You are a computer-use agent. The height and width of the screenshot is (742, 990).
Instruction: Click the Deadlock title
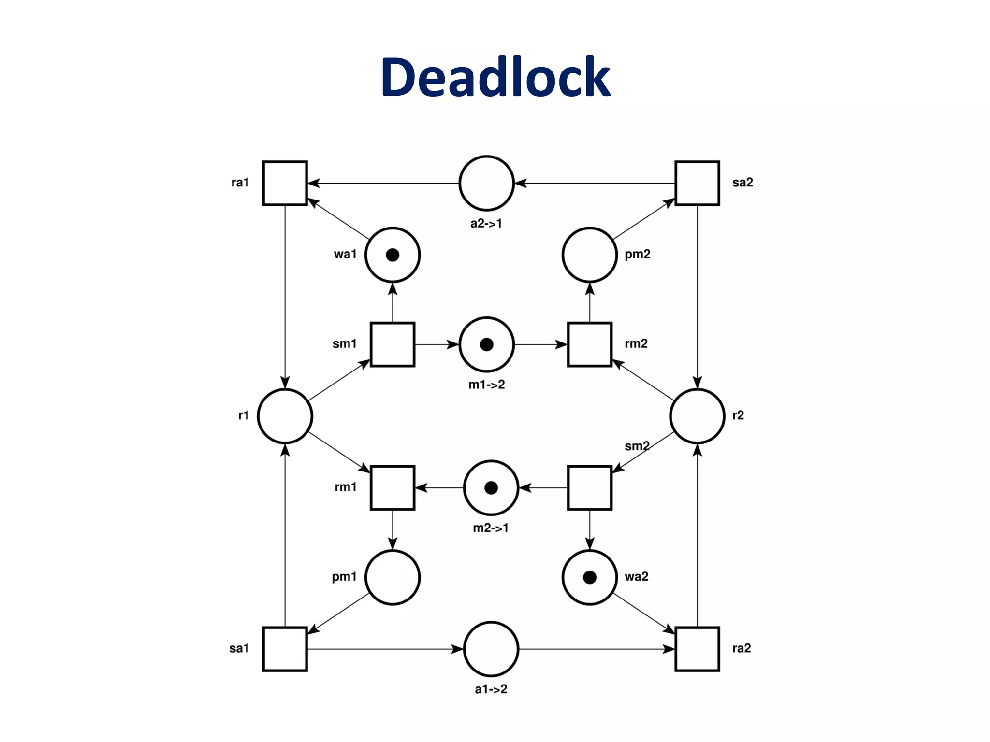495,77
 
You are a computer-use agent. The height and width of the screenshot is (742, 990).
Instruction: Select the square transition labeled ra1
285,183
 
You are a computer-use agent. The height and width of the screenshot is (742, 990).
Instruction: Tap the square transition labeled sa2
697,183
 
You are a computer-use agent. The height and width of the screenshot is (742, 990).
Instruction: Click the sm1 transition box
392,344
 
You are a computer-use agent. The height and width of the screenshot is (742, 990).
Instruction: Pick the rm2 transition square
589,344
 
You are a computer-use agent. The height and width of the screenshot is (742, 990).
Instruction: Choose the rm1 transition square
392,487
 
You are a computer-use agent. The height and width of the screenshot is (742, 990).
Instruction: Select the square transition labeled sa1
285,649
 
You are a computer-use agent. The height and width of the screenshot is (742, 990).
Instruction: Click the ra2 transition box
697,649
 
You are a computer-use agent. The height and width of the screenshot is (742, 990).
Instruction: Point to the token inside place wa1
393,255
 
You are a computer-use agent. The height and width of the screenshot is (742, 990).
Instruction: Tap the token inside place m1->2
486,344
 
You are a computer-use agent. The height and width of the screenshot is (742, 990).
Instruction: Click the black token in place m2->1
491,488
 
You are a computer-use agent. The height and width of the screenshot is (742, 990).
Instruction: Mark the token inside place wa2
590,577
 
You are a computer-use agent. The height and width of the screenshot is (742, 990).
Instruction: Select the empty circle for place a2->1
486,183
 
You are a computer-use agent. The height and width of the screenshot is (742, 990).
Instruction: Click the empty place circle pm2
589,255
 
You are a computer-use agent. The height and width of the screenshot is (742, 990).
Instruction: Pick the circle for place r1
285,416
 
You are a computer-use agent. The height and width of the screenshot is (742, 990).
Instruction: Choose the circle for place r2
697,416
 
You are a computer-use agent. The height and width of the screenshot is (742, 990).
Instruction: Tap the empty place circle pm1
392,577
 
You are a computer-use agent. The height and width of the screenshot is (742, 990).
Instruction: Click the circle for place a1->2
491,649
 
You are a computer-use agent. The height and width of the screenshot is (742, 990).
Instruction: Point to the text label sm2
637,446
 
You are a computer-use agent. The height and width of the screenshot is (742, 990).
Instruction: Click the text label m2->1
491,528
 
